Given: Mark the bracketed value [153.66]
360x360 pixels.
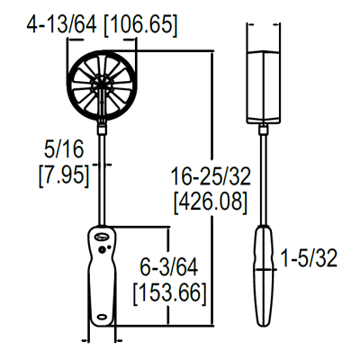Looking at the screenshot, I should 169,292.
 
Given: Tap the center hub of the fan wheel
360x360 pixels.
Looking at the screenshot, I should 103,85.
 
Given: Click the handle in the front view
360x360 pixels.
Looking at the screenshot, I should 102,279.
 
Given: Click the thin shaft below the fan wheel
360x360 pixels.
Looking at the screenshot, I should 103,171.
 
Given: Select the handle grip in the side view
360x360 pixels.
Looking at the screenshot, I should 265,279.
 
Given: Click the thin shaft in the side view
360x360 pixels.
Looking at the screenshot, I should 265,180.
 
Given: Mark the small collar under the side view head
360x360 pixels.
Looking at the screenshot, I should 265,131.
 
